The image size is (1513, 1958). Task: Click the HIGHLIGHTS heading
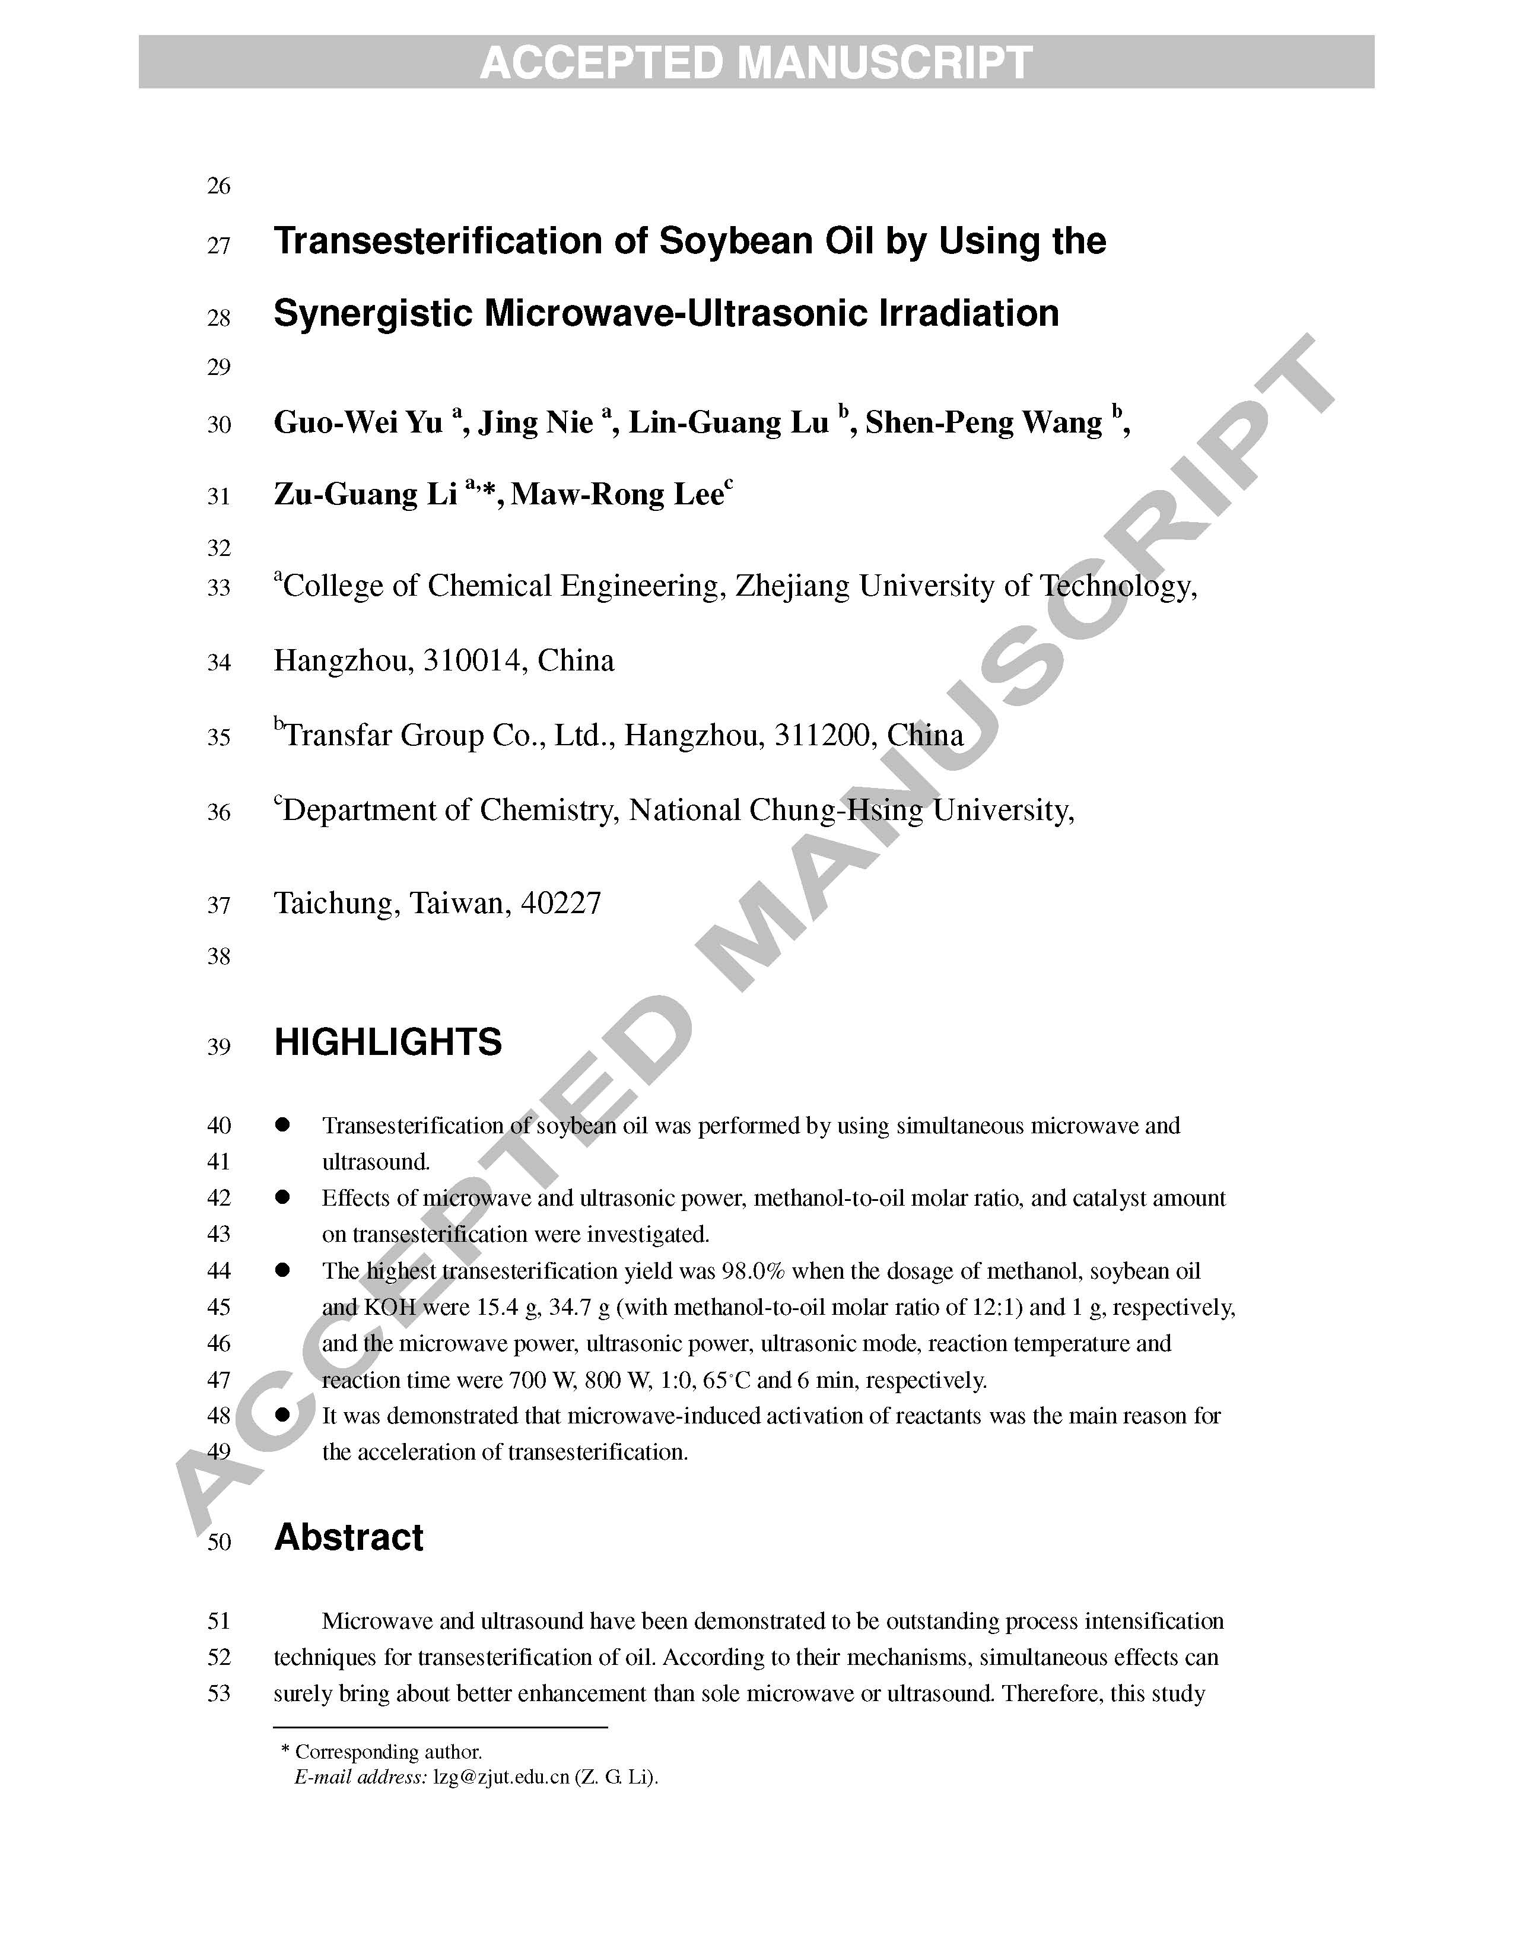[387, 1042]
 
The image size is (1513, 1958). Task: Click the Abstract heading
[349, 1537]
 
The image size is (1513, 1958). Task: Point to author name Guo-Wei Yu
[358, 422]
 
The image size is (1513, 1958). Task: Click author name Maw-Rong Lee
[616, 494]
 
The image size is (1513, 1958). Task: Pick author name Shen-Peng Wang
[983, 422]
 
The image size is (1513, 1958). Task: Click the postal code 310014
[472, 661]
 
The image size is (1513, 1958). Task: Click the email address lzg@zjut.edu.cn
[501, 1777]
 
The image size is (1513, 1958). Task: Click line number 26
[219, 186]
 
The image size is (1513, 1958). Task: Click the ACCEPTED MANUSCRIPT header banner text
[755, 63]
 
